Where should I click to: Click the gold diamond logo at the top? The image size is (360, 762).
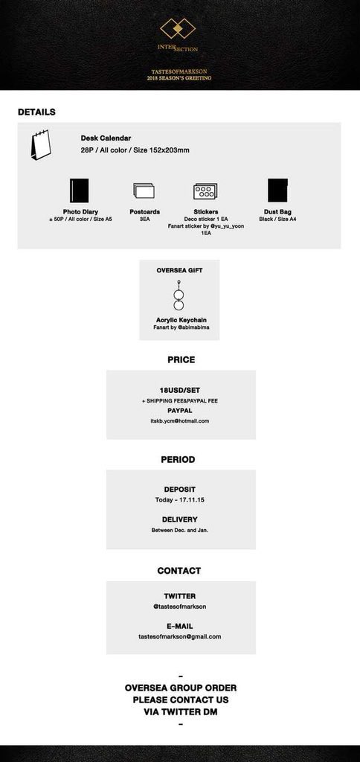[178, 29]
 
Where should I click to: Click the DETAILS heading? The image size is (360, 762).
[36, 112]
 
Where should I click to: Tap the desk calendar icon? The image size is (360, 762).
[41, 145]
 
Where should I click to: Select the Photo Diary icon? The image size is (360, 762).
[79, 190]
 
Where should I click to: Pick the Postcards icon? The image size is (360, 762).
[144, 190]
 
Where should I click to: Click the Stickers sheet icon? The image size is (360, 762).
[205, 191]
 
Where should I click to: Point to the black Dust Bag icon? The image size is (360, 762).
[278, 190]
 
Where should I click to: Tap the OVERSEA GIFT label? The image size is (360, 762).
[179, 270]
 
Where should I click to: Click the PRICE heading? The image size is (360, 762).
[181, 359]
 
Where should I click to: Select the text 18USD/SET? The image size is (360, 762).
[180, 390]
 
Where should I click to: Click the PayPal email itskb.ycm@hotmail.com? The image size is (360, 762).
[180, 421]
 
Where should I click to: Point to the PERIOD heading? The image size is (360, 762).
[179, 459]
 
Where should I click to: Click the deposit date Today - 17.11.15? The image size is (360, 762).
[180, 499]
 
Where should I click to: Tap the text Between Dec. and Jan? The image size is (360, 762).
[180, 530]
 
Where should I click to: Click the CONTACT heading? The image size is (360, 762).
[179, 571]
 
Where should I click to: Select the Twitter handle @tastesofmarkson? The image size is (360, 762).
[180, 606]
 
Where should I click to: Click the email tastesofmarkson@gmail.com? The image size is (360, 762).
[180, 637]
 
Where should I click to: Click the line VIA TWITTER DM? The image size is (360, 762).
[181, 712]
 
